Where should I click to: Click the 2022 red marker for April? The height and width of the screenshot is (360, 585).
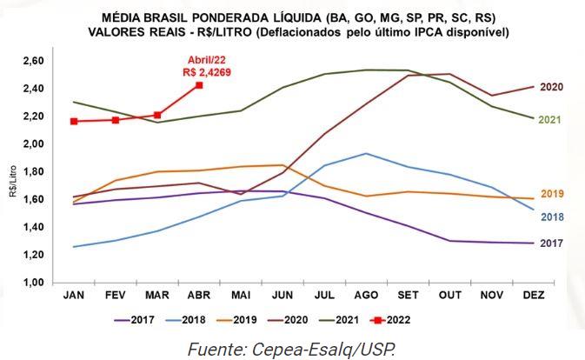point(199,85)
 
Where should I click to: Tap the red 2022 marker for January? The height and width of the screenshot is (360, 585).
point(74,121)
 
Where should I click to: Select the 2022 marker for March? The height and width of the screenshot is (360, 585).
point(157,115)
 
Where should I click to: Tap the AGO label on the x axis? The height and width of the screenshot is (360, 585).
point(366,296)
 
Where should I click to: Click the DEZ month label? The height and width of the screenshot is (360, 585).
point(533,296)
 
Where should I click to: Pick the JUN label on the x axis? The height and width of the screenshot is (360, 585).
point(283,296)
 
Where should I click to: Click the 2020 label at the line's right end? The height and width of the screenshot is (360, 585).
point(553,87)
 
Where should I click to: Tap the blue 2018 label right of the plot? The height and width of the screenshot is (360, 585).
point(553,216)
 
